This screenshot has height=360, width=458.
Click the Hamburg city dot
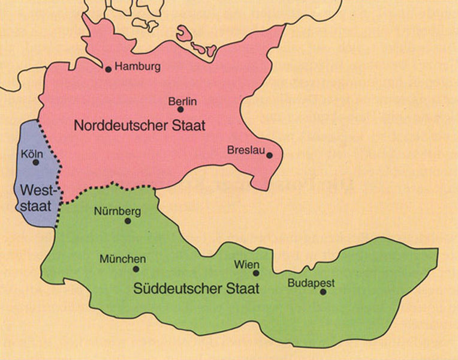pyautogui.click(x=109, y=70)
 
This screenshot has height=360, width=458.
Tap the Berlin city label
pyautogui.click(x=182, y=102)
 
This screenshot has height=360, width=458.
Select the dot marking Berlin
pyautogui.click(x=180, y=110)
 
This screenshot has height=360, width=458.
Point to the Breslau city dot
pyautogui.click(x=270, y=155)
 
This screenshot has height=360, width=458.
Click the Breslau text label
pyautogui.click(x=246, y=150)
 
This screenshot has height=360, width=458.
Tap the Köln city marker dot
pyautogui.click(x=35, y=162)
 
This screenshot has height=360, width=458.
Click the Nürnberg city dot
pyautogui.click(x=127, y=221)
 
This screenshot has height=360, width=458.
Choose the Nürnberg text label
pyautogui.click(x=117, y=211)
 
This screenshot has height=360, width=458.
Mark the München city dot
pyautogui.click(x=135, y=269)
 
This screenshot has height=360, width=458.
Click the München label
pyautogui.click(x=122, y=259)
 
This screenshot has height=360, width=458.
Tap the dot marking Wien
pyautogui.click(x=256, y=273)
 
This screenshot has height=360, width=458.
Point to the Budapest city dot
pyautogui.click(x=323, y=292)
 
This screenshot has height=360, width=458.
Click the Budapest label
pyautogui.click(x=311, y=283)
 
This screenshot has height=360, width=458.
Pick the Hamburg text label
pyautogui.click(x=137, y=67)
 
